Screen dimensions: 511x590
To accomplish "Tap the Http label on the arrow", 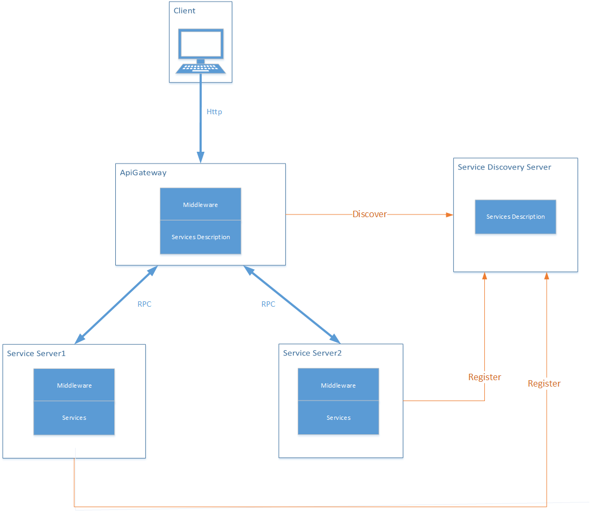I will click(x=215, y=112).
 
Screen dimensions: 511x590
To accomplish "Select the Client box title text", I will click(x=185, y=11).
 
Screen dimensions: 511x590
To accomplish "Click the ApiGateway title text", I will click(x=143, y=173).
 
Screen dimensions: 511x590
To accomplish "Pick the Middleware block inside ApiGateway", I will click(x=201, y=204).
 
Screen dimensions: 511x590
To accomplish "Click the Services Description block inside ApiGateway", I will click(x=201, y=237).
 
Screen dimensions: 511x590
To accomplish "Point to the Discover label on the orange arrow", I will click(x=370, y=214).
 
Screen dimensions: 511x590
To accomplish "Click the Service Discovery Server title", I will click(x=504, y=167).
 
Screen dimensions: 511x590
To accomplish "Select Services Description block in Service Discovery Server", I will click(x=515, y=217).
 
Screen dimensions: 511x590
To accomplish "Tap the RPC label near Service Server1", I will click(x=144, y=304).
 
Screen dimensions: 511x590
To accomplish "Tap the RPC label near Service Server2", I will click(x=268, y=304).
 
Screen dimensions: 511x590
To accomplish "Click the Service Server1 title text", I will click(x=36, y=353).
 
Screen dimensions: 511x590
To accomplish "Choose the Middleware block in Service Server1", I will click(x=74, y=386).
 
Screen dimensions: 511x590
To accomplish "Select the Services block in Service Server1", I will click(x=74, y=418).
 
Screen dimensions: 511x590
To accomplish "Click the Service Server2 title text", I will click(x=312, y=353).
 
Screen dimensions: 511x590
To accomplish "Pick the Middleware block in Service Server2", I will click(x=338, y=386).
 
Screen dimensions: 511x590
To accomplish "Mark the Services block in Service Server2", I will click(x=338, y=418).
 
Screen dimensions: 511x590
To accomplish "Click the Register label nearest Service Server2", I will click(x=484, y=377).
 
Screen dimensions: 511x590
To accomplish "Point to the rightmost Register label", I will click(x=544, y=383).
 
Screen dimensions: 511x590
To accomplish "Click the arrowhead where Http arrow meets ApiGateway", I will click(x=201, y=158).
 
